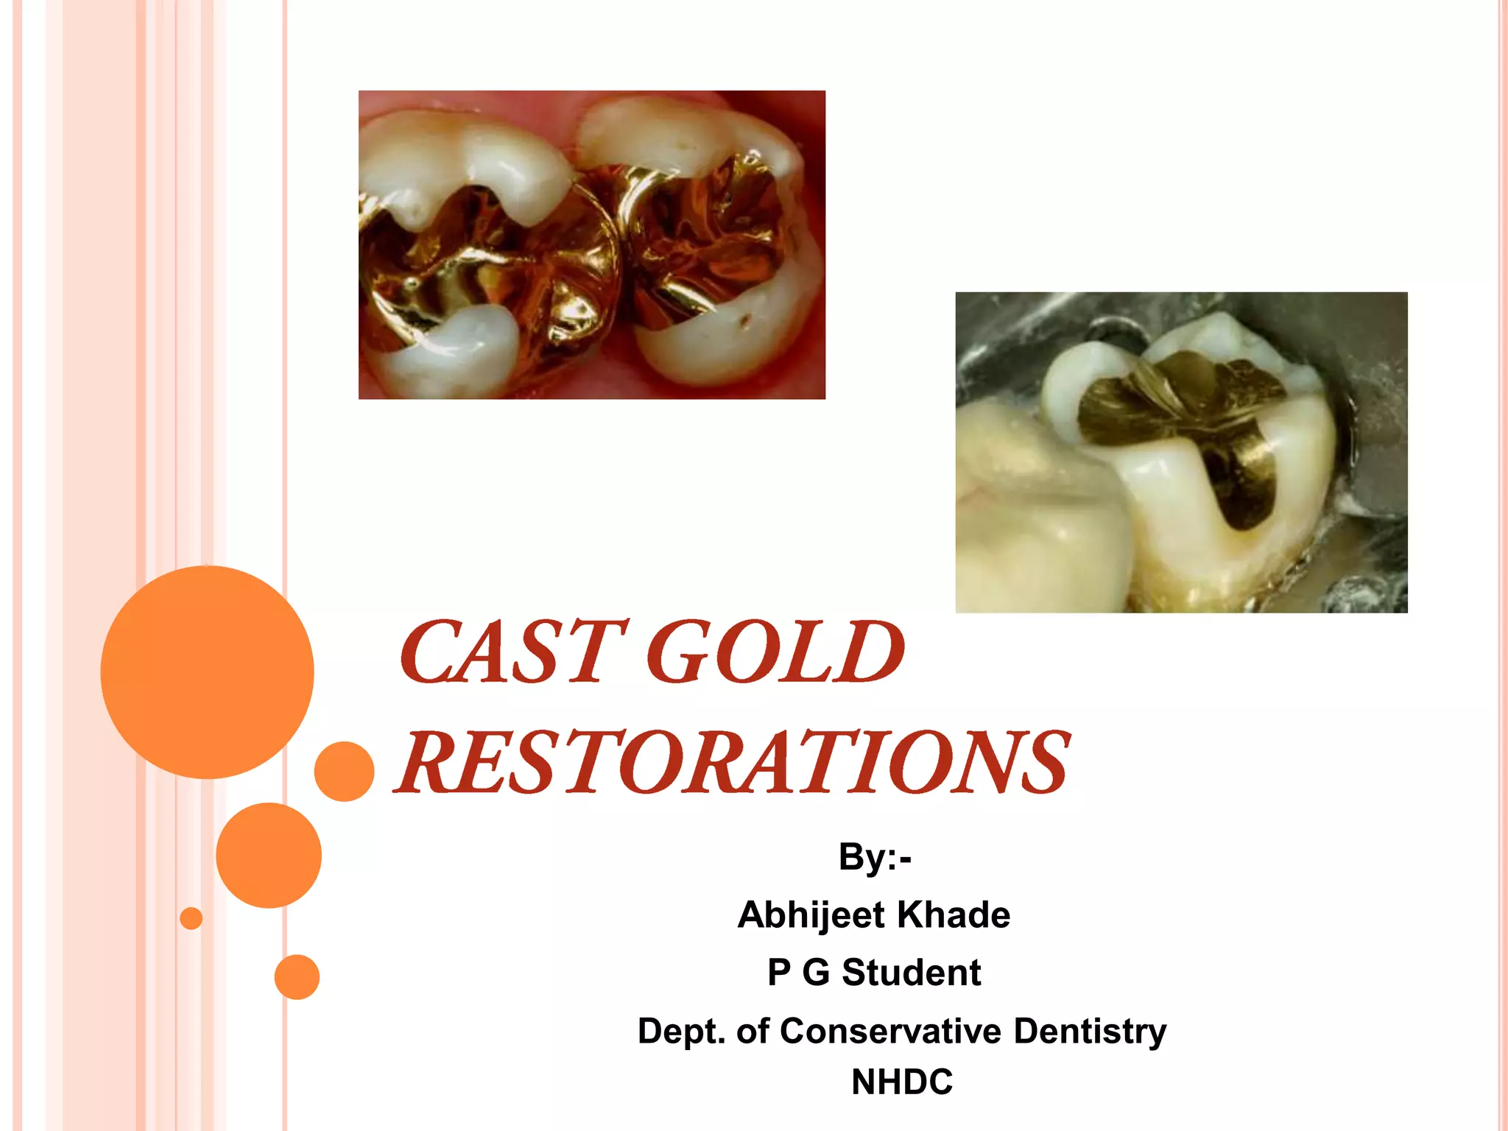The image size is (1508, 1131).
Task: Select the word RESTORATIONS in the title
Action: (x=733, y=763)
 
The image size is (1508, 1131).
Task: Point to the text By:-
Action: (x=875, y=857)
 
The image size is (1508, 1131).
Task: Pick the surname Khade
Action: (x=954, y=915)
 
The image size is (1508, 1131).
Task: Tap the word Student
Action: (x=911, y=973)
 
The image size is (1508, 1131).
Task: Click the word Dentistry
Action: (x=1090, y=1031)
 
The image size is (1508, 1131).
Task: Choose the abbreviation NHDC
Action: (x=902, y=1082)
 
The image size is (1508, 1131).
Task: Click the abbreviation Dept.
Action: (x=681, y=1031)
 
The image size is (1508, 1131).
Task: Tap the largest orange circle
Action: (x=208, y=672)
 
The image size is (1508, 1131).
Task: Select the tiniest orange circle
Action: (x=191, y=918)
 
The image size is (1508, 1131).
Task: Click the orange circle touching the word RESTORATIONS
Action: (x=344, y=771)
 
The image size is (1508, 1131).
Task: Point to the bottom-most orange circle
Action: (x=297, y=977)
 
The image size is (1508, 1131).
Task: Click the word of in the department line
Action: (x=753, y=1031)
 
